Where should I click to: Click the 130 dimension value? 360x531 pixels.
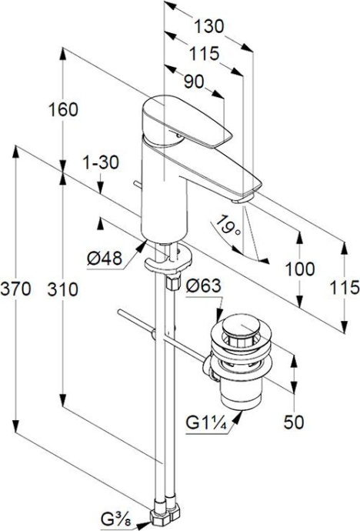click(x=209, y=25)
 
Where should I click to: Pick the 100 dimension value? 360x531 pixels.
click(x=300, y=269)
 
